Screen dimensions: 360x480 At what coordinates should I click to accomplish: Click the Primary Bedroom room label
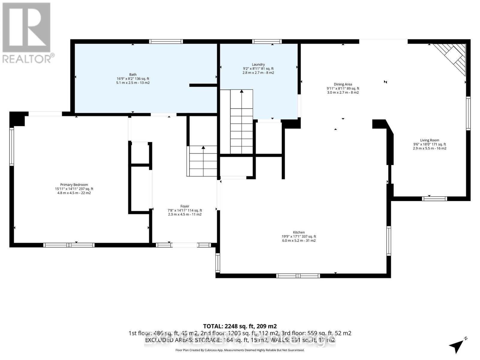coord(74,185)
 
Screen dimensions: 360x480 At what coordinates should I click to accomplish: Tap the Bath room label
coord(133,74)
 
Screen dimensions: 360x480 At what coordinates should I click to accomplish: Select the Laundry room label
coord(258,64)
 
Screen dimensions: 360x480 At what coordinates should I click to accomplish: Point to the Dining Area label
coord(343,84)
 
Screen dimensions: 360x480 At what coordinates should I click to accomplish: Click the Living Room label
coord(429,140)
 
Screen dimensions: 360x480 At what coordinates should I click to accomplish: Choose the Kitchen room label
coord(299,232)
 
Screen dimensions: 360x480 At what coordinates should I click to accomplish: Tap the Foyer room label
coord(184,206)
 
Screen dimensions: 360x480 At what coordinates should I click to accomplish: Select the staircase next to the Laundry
coord(241,121)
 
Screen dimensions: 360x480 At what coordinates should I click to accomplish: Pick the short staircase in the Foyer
coord(203,161)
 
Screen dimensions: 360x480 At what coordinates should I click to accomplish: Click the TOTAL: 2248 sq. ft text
coord(240,326)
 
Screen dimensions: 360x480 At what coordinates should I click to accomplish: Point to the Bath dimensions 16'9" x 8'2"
coord(133,79)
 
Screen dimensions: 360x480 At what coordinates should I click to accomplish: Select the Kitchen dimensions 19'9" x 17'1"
coord(299,236)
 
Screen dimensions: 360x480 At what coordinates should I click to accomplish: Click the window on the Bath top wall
coord(166,41)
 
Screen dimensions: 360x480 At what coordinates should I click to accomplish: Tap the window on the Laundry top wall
coord(266,41)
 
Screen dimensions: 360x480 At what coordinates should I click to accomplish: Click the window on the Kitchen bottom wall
coord(298,276)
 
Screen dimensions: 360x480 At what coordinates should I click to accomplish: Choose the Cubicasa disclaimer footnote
coord(240,350)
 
